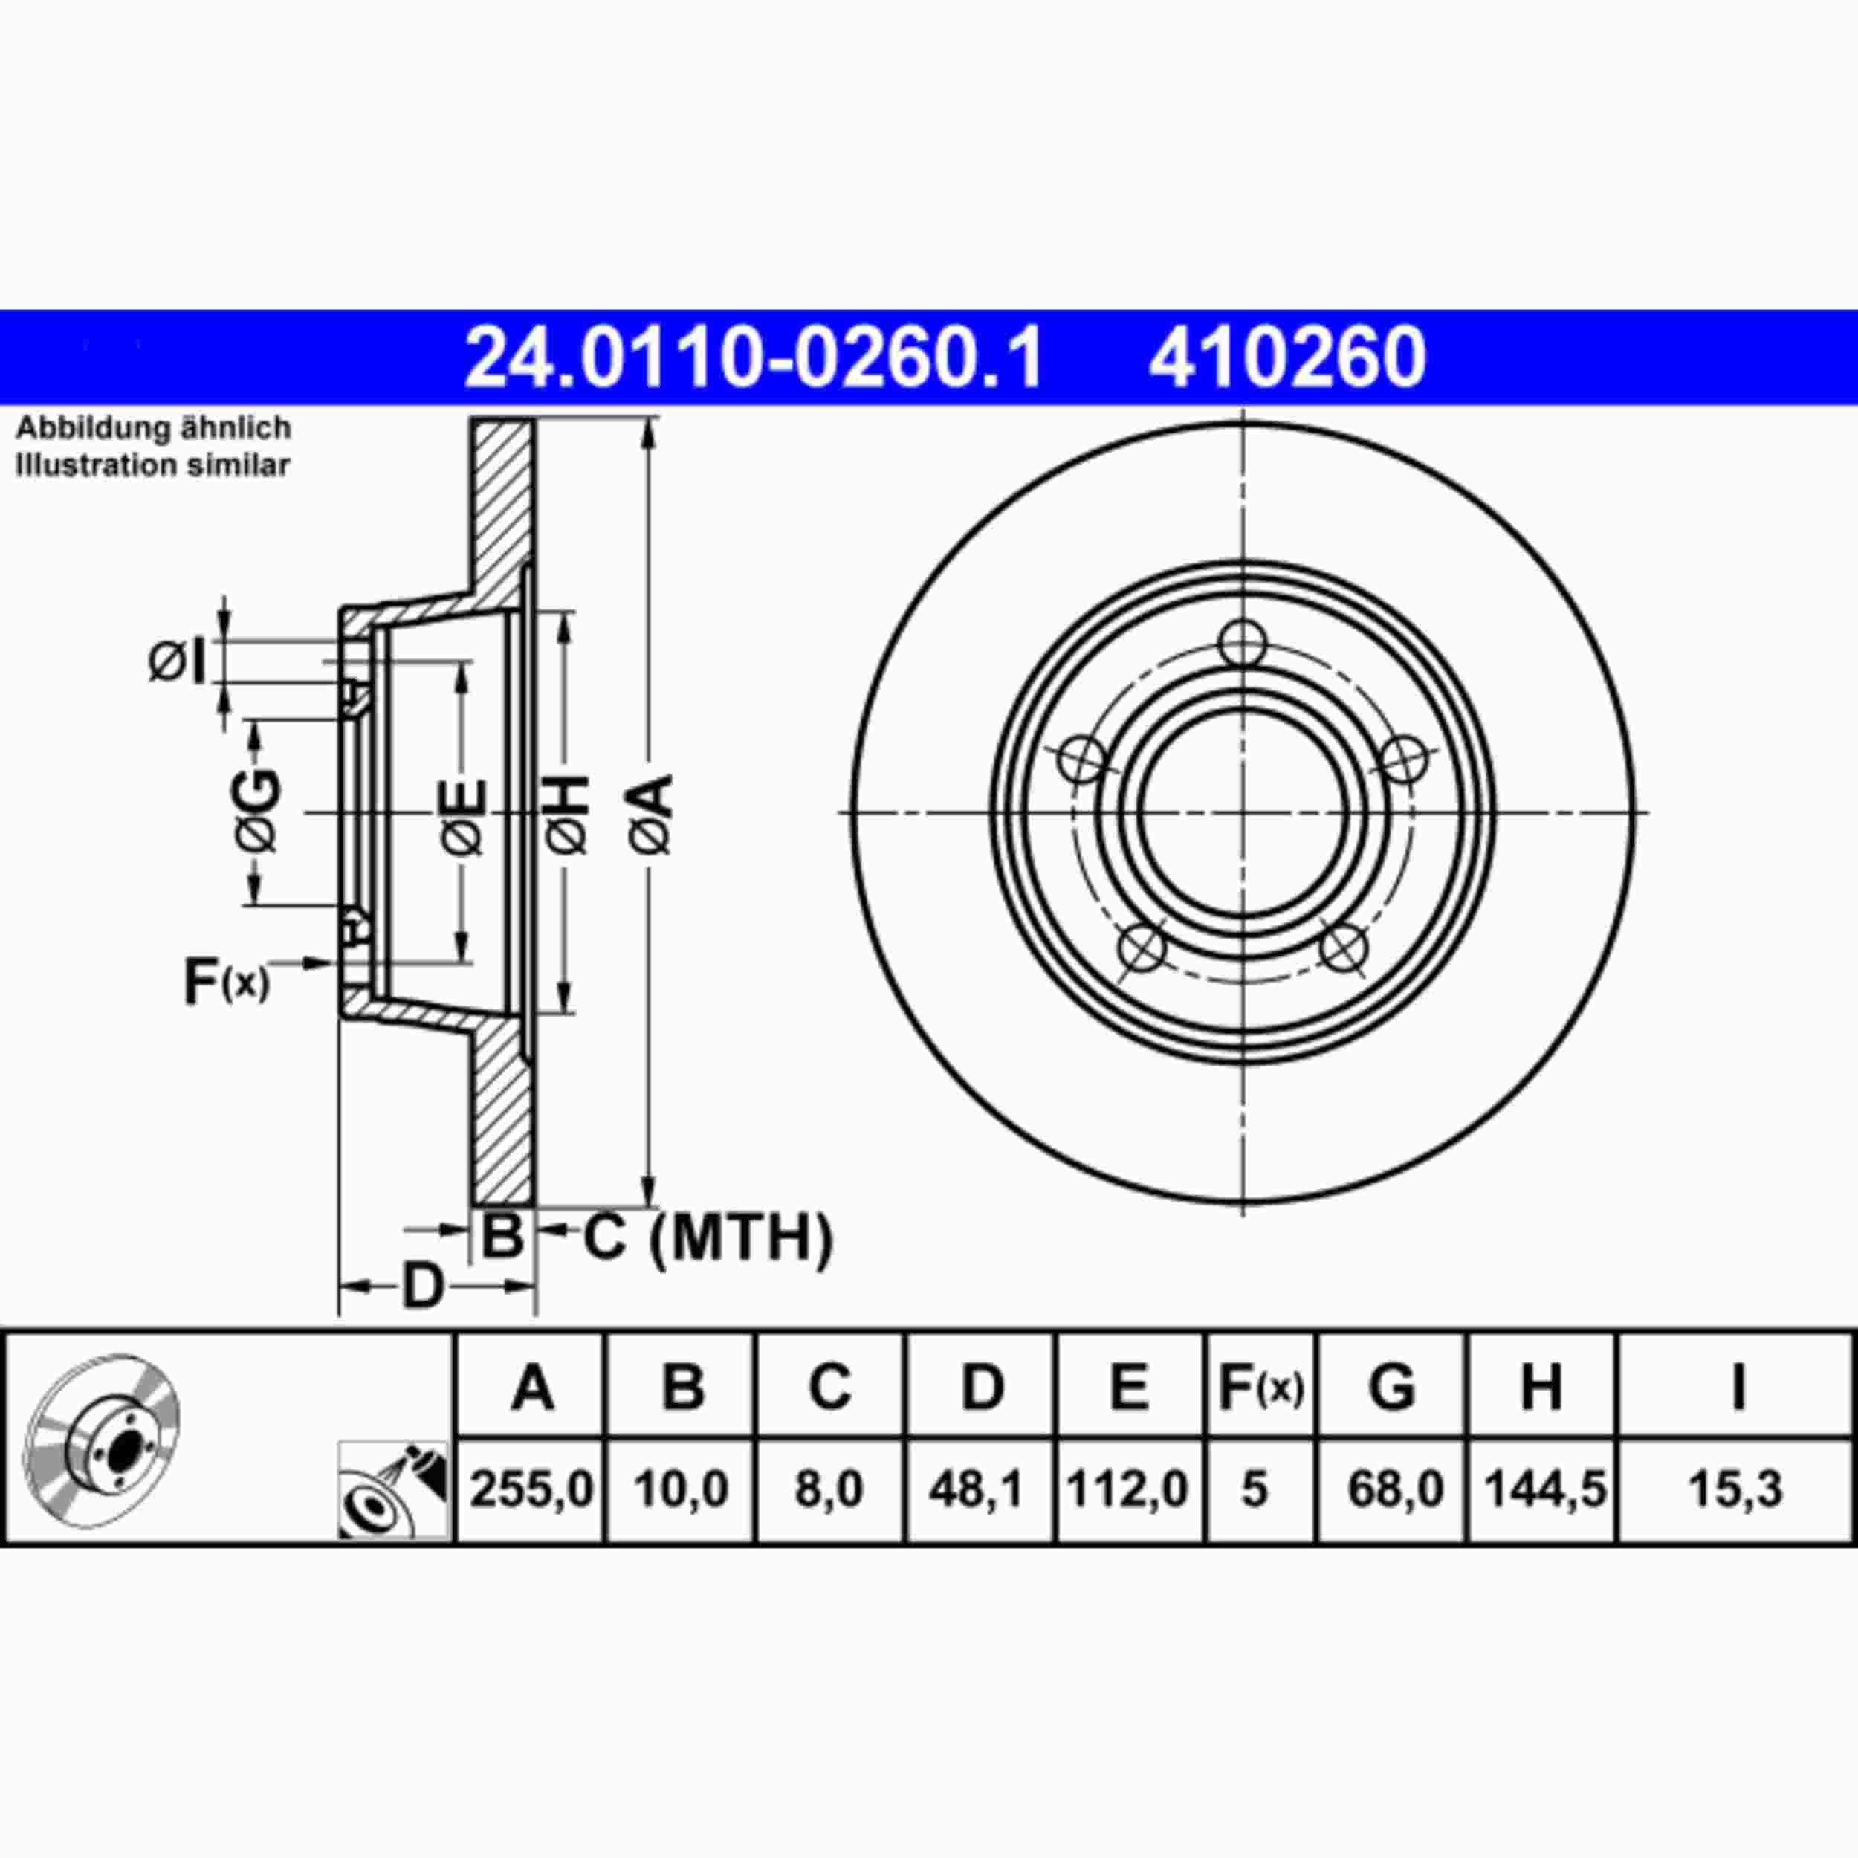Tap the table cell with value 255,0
[532, 1489]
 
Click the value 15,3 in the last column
[1736, 1489]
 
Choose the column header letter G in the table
[1391, 1387]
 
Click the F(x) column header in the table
[1260, 1387]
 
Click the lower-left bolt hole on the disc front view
[1142, 948]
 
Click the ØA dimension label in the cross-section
[652, 815]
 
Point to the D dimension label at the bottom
[422, 1286]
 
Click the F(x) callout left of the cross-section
[226, 981]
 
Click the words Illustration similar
[152, 465]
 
